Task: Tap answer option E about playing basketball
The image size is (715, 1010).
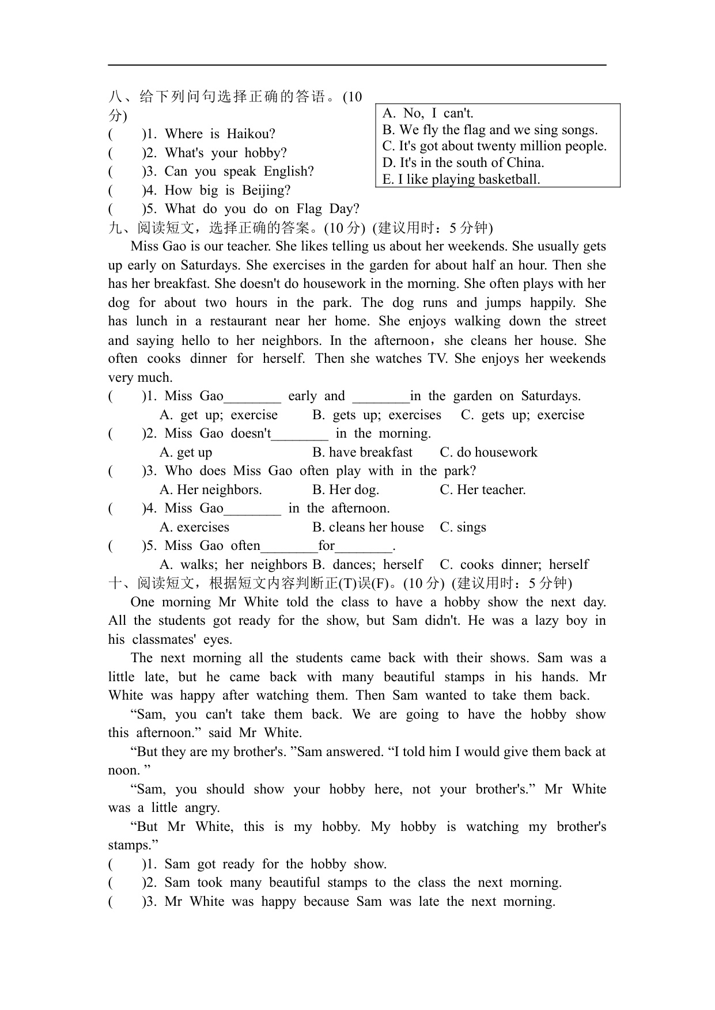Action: [x=461, y=179]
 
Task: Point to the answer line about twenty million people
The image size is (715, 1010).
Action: [x=494, y=146]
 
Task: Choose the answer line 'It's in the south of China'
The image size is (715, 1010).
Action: [x=463, y=162]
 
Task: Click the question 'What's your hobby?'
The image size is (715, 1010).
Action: [x=225, y=153]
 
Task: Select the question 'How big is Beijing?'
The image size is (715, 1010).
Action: [x=227, y=191]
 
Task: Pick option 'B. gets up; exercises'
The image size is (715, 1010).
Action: [x=377, y=415]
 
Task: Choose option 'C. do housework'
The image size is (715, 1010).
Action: [x=489, y=453]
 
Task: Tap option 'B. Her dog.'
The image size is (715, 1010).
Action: [x=346, y=490]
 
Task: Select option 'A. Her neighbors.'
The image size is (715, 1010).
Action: [x=211, y=490]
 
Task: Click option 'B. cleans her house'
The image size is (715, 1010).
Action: [x=368, y=527]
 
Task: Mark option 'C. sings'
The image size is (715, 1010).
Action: [x=463, y=527]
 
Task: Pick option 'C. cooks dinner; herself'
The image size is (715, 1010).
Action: [x=514, y=565]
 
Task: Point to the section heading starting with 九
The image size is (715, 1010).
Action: [x=300, y=228]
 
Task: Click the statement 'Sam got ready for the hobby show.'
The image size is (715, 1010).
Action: [x=275, y=864]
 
